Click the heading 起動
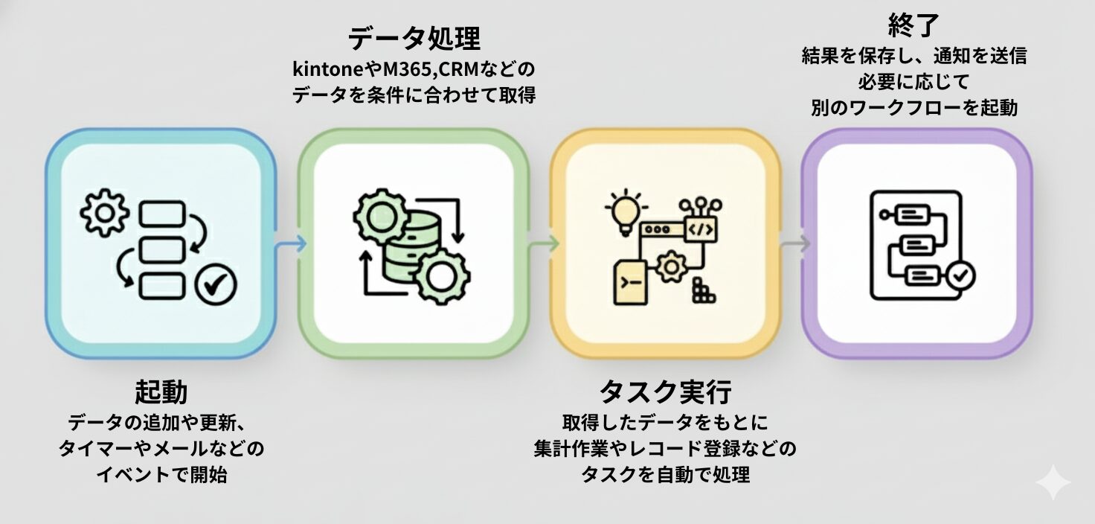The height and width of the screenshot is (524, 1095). (x=161, y=392)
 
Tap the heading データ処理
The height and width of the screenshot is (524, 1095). (x=414, y=37)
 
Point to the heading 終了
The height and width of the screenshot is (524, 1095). (x=914, y=27)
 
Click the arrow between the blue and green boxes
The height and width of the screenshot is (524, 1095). (x=291, y=243)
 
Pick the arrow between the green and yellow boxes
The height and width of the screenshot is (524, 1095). (x=544, y=243)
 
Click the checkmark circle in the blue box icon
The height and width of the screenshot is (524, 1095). (x=216, y=284)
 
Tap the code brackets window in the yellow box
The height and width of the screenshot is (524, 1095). (x=701, y=230)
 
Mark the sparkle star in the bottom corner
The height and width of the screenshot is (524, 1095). (x=1053, y=484)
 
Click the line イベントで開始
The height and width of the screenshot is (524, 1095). (x=161, y=475)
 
